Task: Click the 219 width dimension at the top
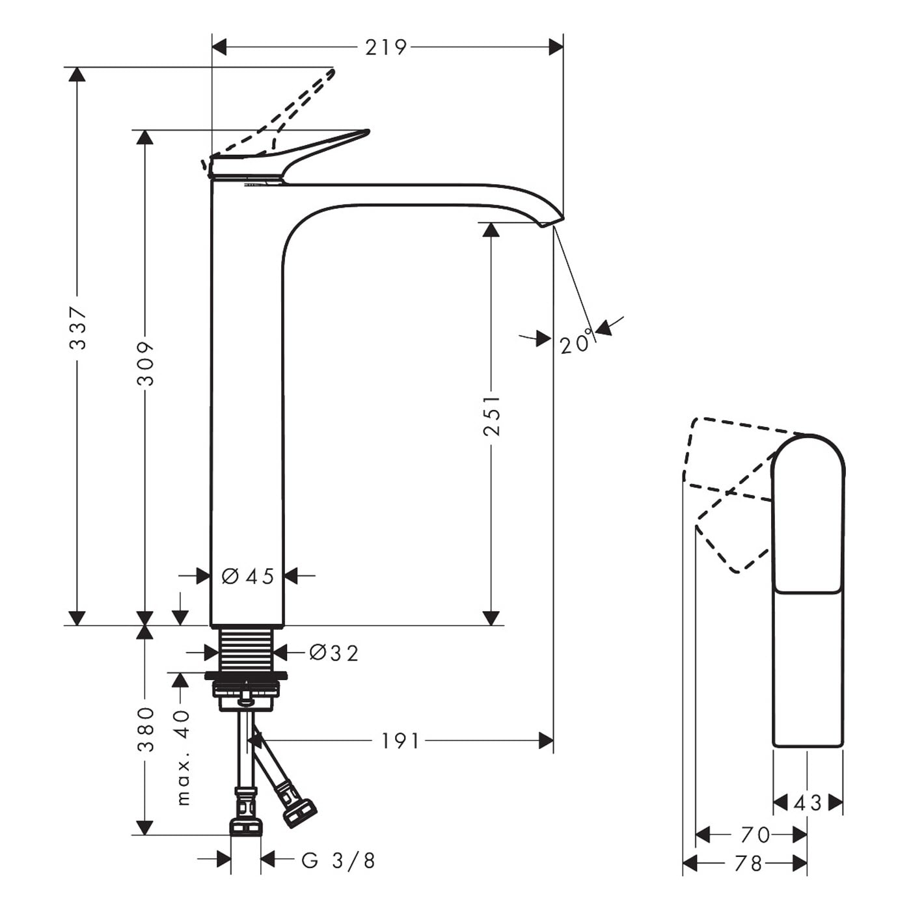point(385,48)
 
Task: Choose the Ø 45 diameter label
point(248,577)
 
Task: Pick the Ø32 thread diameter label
point(334,653)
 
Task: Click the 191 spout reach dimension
point(400,741)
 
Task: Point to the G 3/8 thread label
point(338,861)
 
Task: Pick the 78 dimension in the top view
point(748,864)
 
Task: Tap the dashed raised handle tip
point(333,72)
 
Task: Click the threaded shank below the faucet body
point(247,650)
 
